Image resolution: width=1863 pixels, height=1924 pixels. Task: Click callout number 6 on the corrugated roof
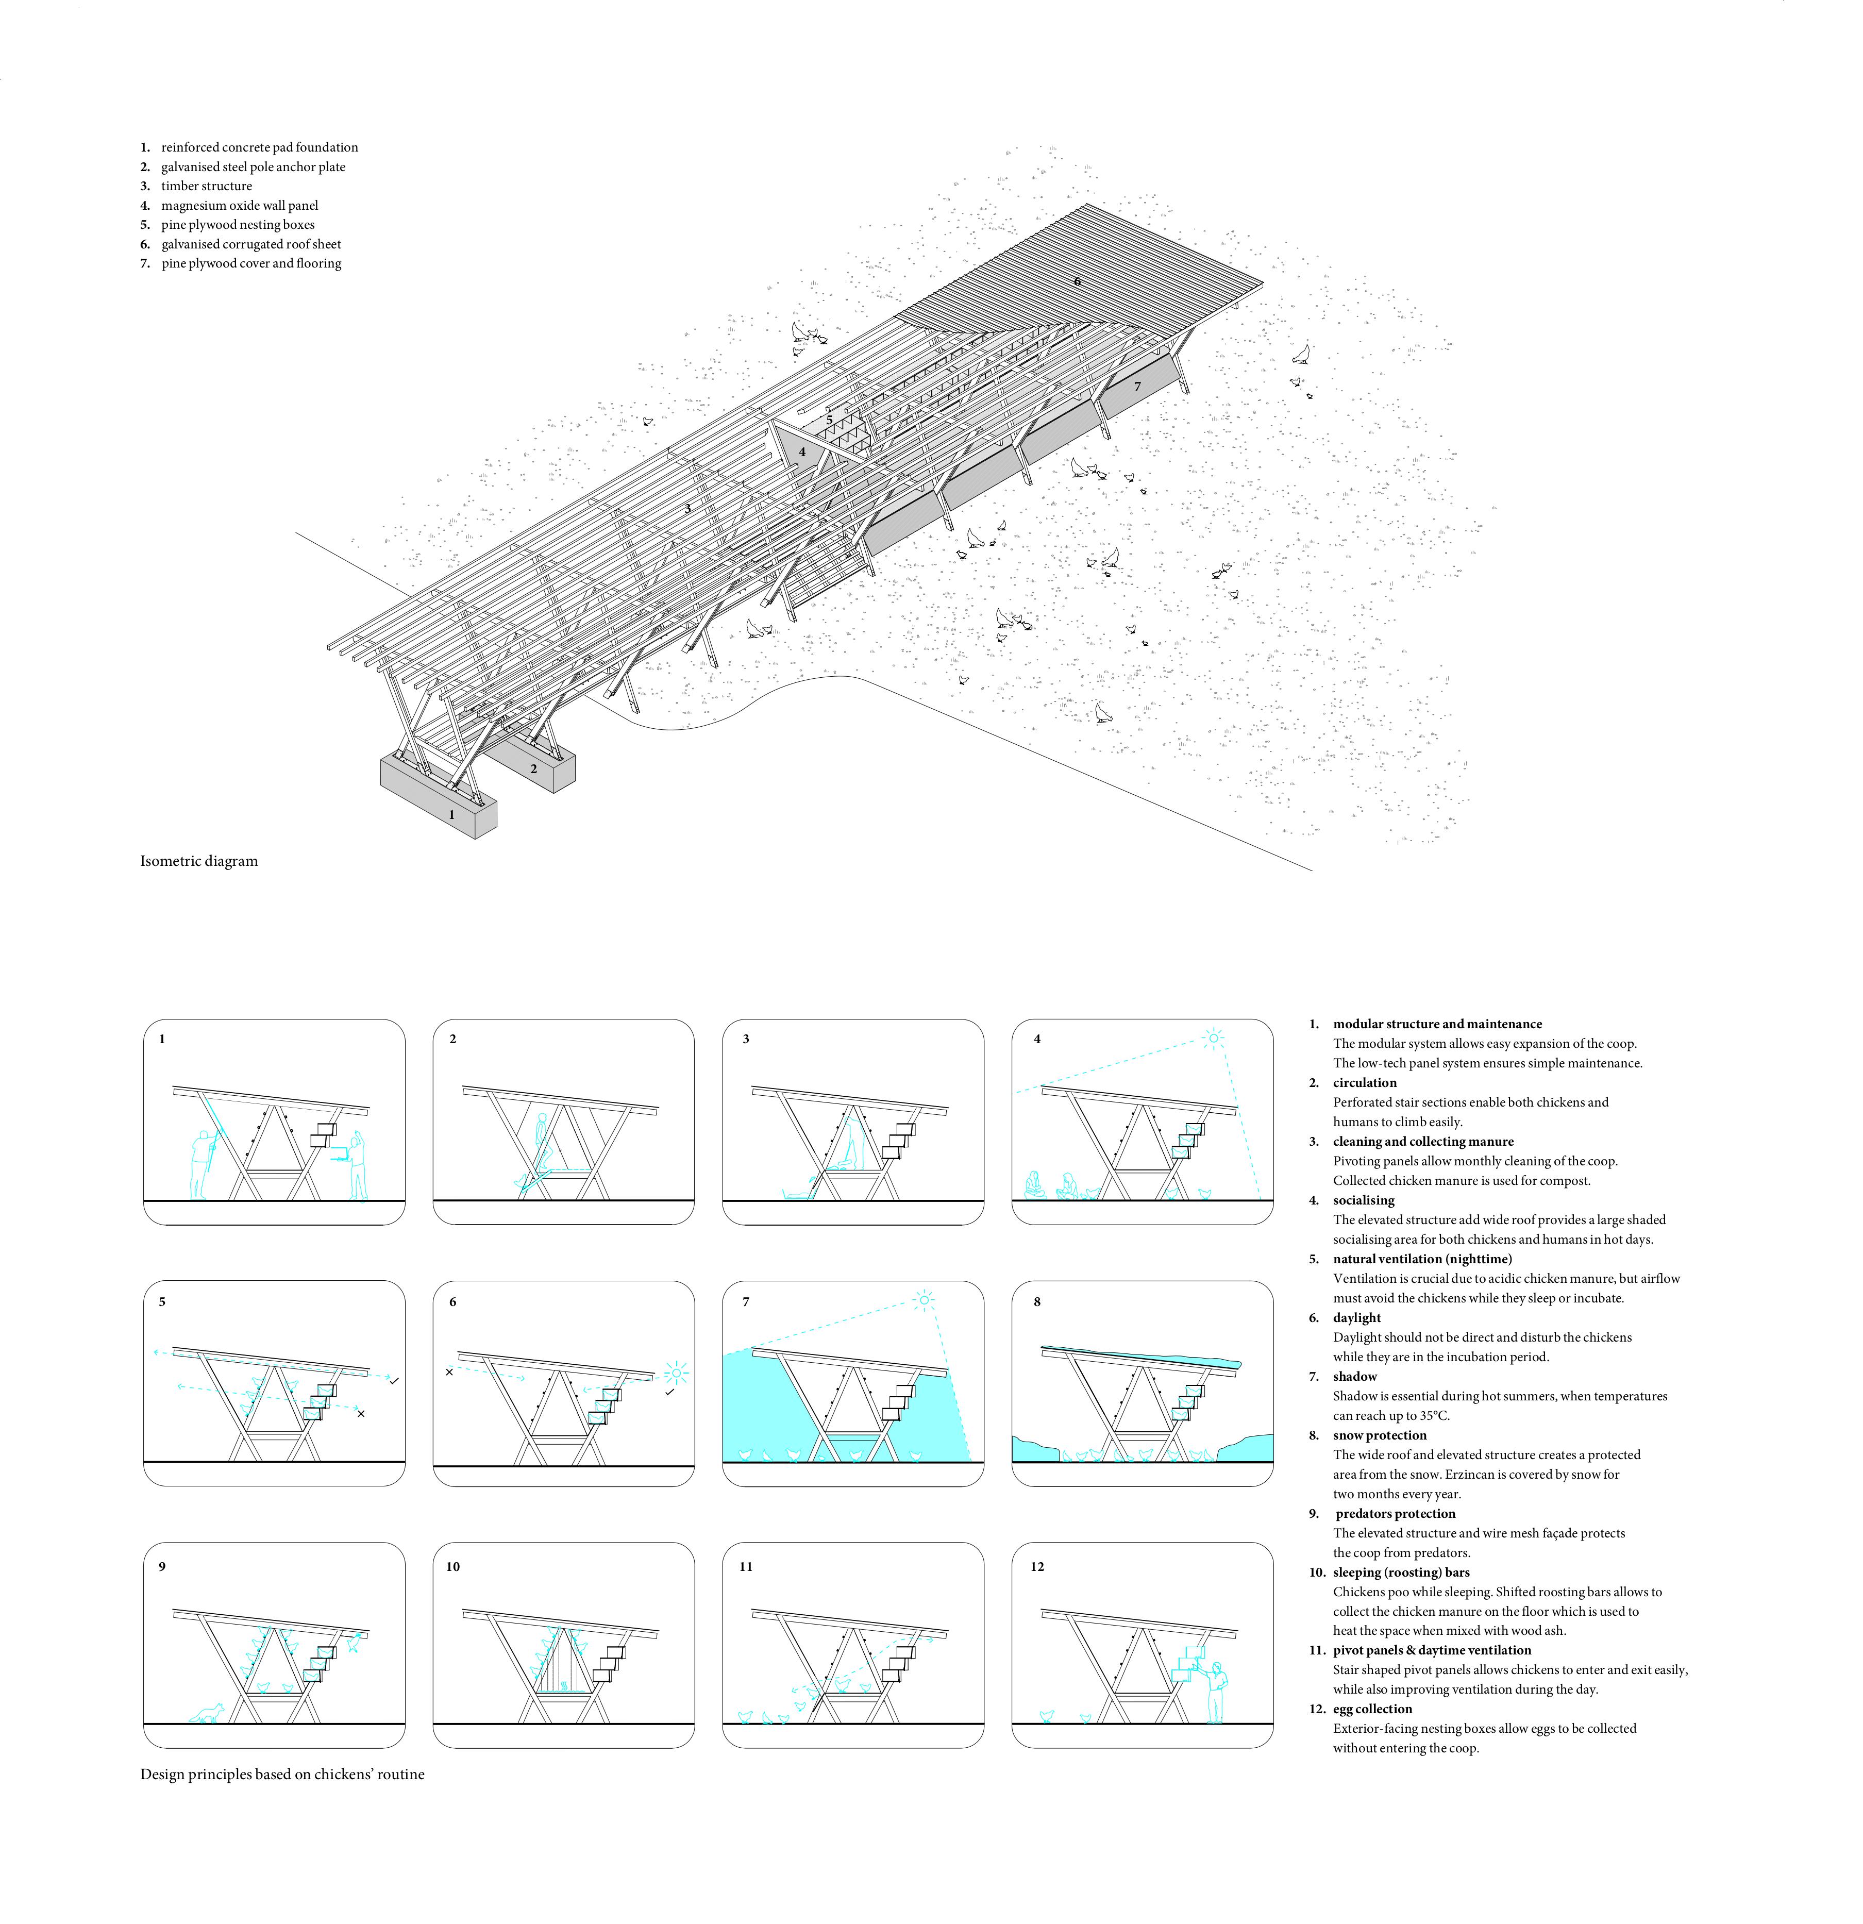point(1077,282)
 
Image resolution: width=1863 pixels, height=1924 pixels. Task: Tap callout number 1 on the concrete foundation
point(451,815)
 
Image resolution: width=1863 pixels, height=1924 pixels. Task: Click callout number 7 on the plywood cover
point(1137,387)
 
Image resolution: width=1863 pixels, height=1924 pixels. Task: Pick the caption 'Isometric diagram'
point(199,861)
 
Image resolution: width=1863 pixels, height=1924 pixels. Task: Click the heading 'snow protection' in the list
point(1379,1435)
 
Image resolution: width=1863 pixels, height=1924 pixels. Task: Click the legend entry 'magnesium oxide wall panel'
point(240,205)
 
